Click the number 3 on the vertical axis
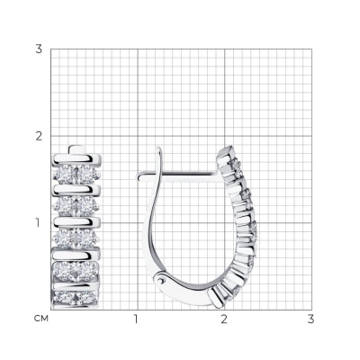pos(39,49)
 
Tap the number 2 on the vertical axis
pos(39,136)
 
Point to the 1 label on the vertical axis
pos(38,223)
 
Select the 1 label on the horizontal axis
pos(136,319)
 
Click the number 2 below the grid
pos(224,319)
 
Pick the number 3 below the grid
pos(311,319)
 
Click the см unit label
pos(41,319)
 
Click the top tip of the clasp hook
pos(159,148)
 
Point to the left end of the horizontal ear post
pos(138,177)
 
